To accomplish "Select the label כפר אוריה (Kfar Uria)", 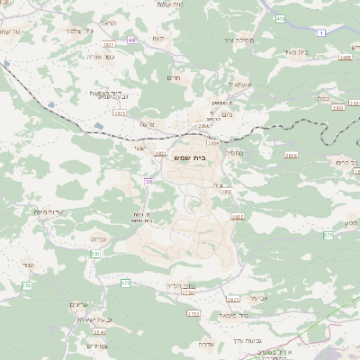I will click(x=101, y=56).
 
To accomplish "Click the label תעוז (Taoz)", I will click(x=158, y=39).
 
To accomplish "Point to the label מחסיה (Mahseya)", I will click(x=233, y=153).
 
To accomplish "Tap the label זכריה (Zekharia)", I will click(x=99, y=238).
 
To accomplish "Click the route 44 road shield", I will click(x=133, y=40).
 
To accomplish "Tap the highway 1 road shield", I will click(x=321, y=32).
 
